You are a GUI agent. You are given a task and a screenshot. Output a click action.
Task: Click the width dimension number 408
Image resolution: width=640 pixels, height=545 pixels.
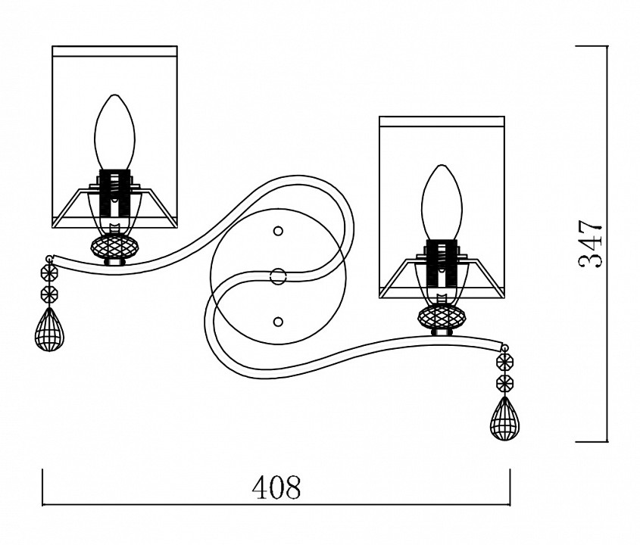(276, 487)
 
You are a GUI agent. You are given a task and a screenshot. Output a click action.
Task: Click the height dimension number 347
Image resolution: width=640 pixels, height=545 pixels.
(590, 244)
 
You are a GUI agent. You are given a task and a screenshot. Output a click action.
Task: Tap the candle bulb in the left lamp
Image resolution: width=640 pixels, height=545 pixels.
(114, 132)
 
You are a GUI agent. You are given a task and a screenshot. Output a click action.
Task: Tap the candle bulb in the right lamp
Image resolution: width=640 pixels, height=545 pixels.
(442, 202)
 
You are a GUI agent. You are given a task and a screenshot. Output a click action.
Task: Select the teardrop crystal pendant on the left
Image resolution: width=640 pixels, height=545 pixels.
(49, 329)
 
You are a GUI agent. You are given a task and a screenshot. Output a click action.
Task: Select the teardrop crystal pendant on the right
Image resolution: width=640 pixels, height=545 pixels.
(505, 419)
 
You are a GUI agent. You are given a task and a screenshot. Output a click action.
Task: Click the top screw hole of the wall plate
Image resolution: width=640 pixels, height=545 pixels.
(279, 232)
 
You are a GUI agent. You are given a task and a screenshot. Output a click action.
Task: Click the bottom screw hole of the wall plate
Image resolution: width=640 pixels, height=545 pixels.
(279, 322)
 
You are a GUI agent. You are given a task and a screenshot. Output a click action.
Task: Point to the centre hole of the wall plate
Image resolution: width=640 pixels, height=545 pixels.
(279, 276)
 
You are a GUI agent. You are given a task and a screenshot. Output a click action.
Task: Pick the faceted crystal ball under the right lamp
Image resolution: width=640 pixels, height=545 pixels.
(442, 316)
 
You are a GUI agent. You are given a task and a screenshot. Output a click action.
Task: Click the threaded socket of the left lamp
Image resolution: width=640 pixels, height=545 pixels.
(114, 193)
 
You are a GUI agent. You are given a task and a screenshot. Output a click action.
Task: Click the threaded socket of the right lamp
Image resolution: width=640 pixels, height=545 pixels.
(442, 263)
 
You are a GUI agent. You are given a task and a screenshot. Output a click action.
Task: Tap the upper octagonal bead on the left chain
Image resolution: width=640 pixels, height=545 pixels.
(50, 271)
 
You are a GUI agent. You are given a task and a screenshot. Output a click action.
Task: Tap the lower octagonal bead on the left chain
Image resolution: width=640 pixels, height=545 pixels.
(50, 293)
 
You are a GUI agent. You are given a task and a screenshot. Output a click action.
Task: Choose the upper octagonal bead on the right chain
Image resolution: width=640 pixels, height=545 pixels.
(505, 361)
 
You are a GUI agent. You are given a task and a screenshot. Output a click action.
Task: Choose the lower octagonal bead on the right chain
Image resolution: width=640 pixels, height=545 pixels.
(505, 383)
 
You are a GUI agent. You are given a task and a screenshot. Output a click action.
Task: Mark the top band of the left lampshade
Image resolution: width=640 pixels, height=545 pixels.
(114, 51)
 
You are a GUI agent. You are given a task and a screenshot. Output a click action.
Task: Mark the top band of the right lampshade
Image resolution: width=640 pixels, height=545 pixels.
(442, 121)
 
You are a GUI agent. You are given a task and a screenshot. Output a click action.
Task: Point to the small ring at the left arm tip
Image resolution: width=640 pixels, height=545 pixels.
(50, 259)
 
